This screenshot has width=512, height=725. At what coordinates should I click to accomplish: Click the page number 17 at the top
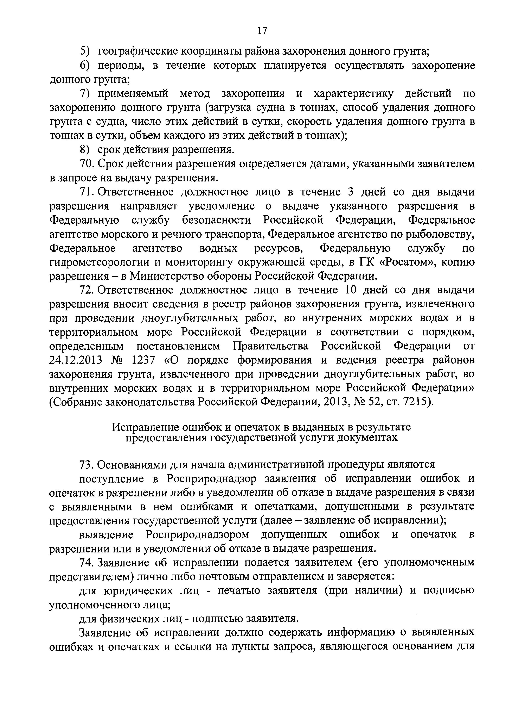tap(262, 31)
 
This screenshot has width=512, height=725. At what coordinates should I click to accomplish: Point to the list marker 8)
tap(85, 150)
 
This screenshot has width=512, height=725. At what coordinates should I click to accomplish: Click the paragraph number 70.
tap(86, 164)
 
